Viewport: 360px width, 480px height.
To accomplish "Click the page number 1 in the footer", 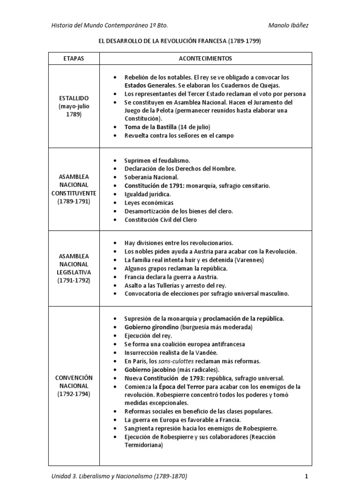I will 306,476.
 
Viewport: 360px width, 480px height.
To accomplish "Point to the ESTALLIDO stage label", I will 74,98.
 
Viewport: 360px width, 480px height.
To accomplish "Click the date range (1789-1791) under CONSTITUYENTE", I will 74,201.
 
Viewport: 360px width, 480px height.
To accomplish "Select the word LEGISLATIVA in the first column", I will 74,272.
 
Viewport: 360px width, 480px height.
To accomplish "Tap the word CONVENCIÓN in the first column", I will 74,377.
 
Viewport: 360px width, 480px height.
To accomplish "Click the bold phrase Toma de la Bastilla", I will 150,127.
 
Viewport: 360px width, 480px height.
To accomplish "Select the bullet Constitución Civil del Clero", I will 160,219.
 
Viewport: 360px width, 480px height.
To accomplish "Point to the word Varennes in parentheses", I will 249,260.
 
